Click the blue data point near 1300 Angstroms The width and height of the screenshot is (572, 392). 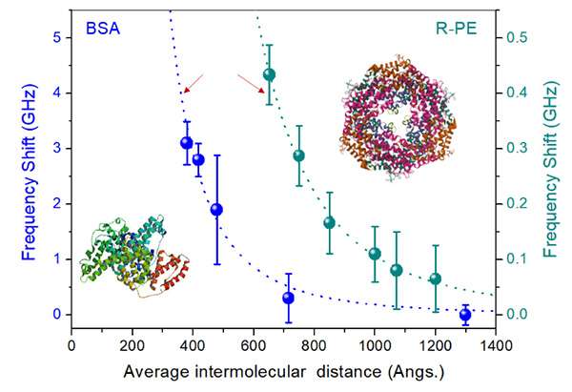(x=465, y=315)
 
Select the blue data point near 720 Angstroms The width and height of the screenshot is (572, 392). (x=288, y=298)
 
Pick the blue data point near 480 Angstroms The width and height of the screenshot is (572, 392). (x=216, y=209)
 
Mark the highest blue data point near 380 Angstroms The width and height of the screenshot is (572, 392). (x=187, y=143)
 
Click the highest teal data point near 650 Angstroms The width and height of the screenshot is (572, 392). (x=269, y=74)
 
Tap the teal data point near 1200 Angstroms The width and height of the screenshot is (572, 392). (x=435, y=279)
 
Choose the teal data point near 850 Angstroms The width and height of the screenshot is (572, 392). (x=329, y=222)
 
